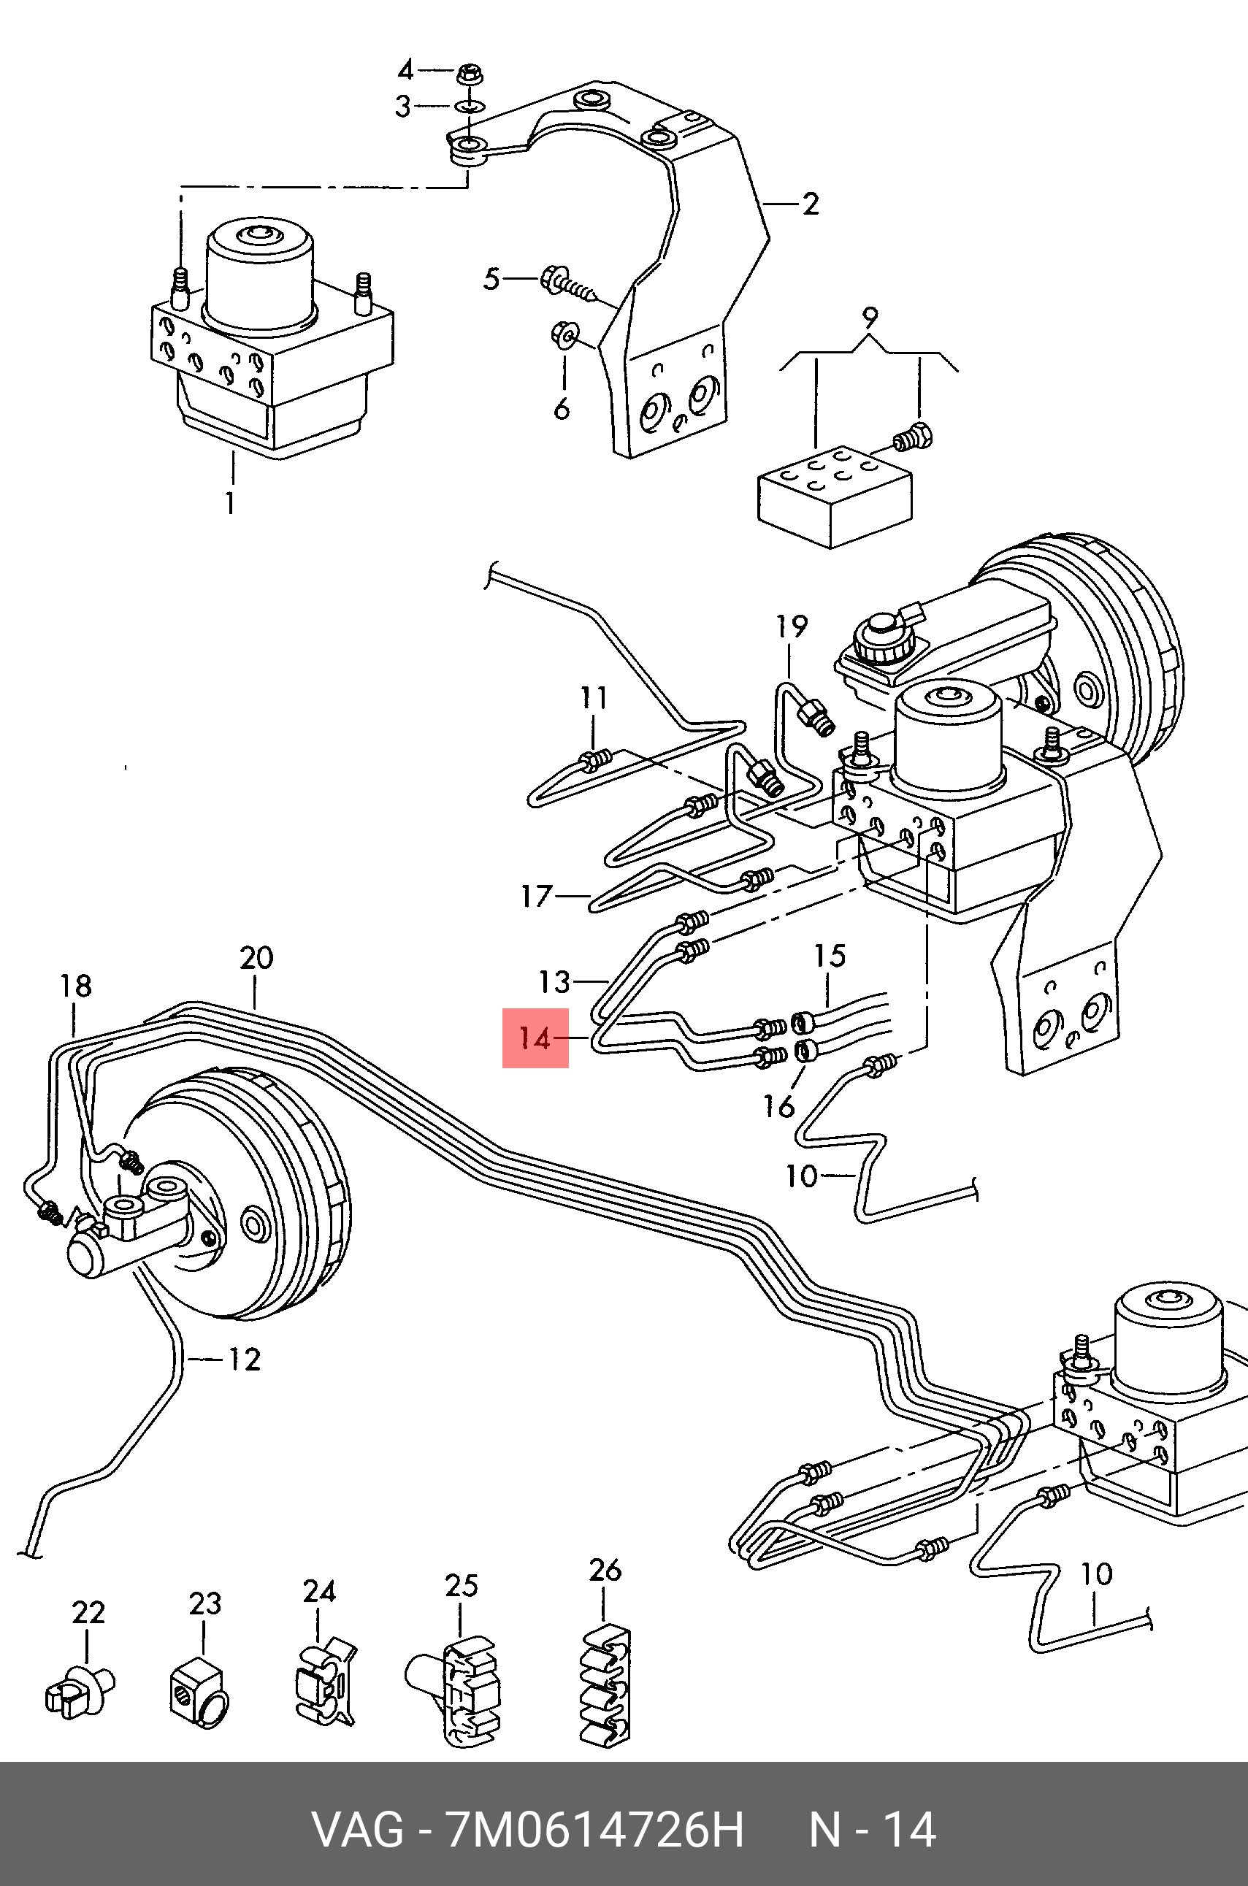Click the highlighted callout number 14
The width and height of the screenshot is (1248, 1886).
(534, 1038)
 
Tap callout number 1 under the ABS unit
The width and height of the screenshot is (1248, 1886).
(230, 503)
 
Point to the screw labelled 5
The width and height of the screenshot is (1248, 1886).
(568, 285)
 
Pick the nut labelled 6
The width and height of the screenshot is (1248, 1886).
(564, 335)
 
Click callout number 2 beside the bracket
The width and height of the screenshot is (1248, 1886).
(811, 204)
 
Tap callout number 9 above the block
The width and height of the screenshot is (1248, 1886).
(870, 318)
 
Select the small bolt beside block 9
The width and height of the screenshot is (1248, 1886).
(913, 437)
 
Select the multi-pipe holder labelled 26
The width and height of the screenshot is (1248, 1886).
(602, 1687)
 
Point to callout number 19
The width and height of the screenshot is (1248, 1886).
(792, 626)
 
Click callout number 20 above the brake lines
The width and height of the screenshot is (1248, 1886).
(256, 957)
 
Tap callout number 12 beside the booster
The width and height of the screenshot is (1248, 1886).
(245, 1360)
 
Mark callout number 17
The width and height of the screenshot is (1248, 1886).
(537, 897)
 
